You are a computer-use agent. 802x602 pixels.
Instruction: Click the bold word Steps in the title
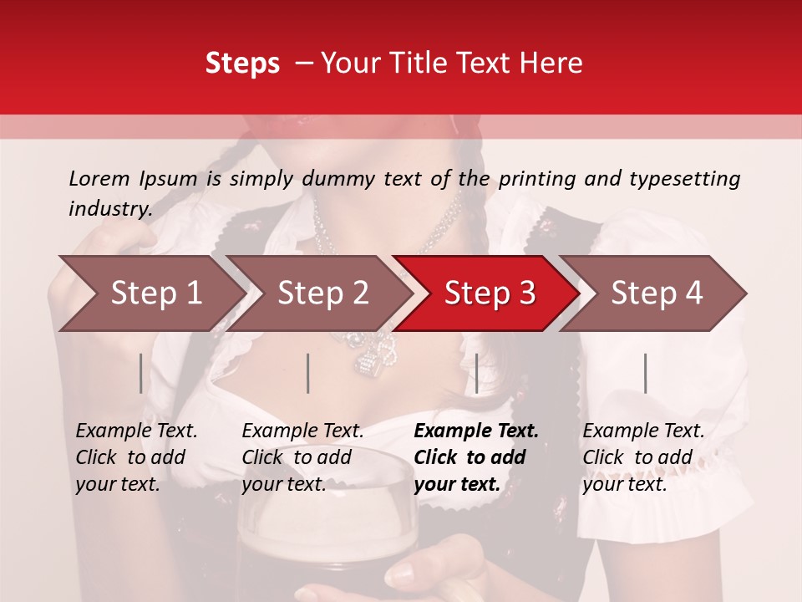[x=242, y=64]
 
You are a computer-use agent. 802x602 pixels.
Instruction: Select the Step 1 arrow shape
[x=150, y=293]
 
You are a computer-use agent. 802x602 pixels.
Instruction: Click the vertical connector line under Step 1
[x=140, y=373]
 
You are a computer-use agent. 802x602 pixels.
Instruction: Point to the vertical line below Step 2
[x=308, y=373]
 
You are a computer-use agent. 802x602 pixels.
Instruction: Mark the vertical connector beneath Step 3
[x=476, y=373]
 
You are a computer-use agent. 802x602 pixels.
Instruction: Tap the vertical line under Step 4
[x=645, y=373]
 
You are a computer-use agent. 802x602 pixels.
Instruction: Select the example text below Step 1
[x=136, y=457]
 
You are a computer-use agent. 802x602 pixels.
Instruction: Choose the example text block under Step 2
[x=302, y=457]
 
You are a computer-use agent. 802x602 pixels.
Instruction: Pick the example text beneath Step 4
[x=643, y=457]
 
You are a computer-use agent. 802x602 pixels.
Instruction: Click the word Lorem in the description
[x=99, y=178]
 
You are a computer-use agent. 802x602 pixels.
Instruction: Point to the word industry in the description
[x=110, y=209]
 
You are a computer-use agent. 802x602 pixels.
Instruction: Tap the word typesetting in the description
[x=684, y=179]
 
